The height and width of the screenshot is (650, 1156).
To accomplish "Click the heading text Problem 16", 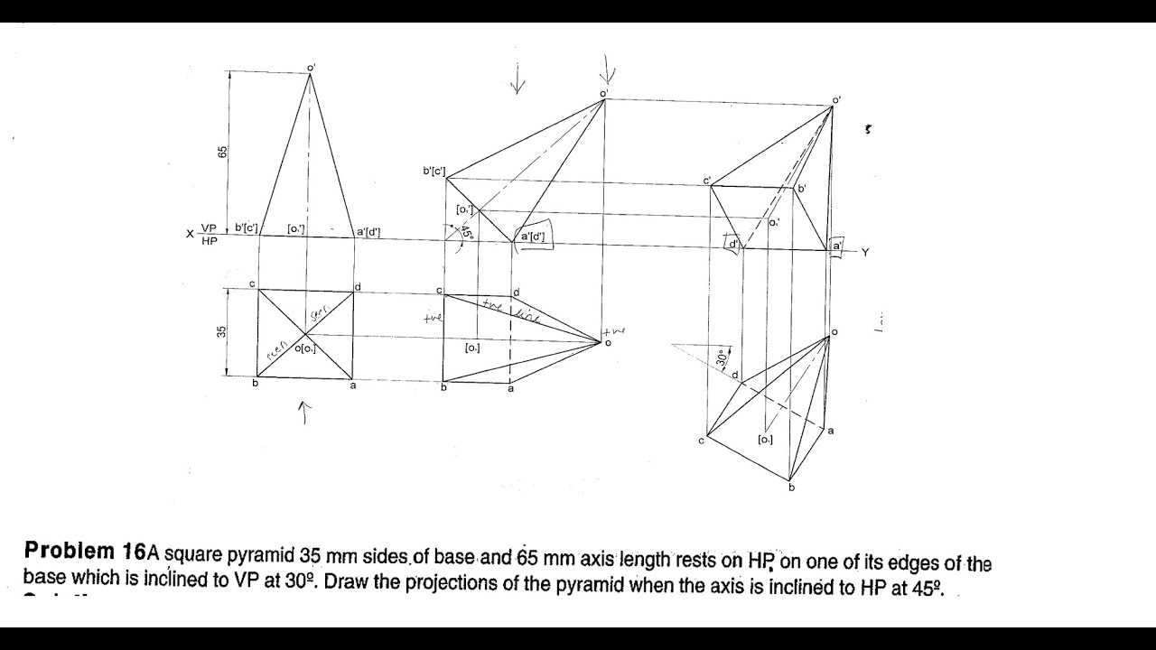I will [85, 551].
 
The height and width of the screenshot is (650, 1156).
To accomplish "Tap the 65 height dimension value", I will [222, 152].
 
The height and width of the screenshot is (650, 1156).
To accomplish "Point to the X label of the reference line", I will [191, 234].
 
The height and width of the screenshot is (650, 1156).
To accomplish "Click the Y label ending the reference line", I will [864, 253].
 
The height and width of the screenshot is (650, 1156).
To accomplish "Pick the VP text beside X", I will [210, 228].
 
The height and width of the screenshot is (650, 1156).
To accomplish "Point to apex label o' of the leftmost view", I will [312, 67].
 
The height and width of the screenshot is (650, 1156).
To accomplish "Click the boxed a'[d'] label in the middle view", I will [533, 237].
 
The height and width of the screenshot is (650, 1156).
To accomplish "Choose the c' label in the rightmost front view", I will [707, 180].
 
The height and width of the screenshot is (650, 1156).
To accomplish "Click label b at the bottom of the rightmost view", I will [791, 488].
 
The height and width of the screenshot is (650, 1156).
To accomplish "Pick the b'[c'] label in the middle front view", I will [434, 171].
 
